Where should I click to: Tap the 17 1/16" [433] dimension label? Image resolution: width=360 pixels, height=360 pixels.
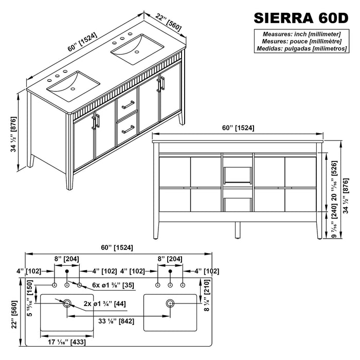click(x=67, y=340)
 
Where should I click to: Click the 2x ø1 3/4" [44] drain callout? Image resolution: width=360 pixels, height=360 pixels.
click(x=104, y=304)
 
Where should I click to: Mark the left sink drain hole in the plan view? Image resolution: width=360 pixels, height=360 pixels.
click(x=66, y=304)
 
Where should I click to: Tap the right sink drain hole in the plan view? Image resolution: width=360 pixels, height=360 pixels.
click(x=170, y=304)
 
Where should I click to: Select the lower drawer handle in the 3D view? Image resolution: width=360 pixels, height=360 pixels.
click(x=128, y=130)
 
